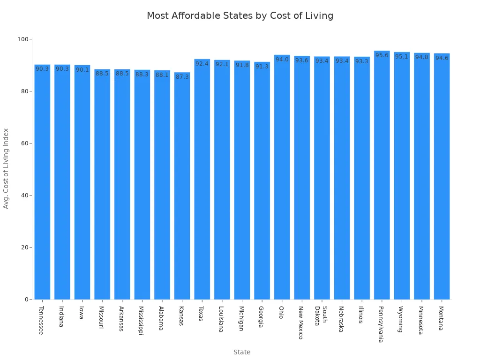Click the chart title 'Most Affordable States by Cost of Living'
click(240, 16)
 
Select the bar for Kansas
click(182, 187)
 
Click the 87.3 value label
click(182, 77)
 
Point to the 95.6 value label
click(382, 55)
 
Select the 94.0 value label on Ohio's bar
click(282, 60)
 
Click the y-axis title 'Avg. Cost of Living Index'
click(6, 168)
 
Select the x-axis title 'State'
click(242, 352)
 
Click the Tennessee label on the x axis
click(41, 320)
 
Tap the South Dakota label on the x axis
click(321, 317)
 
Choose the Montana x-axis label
click(441, 318)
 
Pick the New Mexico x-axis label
click(301, 322)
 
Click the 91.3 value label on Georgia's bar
click(262, 67)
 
